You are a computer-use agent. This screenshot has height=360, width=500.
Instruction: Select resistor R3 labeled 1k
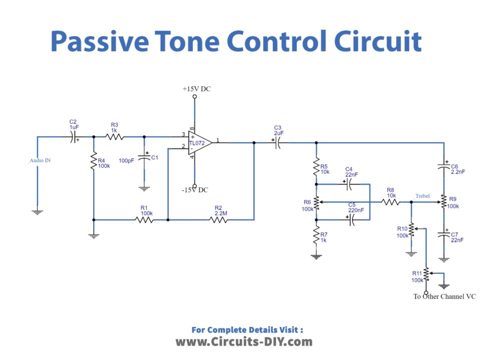115,136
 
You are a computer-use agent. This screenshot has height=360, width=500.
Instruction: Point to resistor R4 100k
93,162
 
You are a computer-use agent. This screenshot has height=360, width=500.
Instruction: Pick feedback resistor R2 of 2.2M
218,219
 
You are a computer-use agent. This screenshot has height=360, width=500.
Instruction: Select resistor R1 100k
144,219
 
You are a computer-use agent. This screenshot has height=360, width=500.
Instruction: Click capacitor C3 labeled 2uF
278,142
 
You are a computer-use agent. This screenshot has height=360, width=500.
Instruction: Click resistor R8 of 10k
390,202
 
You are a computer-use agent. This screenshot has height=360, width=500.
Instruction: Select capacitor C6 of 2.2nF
443,166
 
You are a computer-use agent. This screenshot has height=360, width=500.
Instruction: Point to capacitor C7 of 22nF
443,235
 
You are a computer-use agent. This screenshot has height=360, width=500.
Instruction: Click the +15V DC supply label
196,89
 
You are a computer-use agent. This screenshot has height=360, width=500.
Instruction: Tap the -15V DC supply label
195,190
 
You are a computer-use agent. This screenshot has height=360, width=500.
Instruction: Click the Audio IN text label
40,160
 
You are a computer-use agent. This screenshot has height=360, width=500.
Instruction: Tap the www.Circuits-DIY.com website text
244,342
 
